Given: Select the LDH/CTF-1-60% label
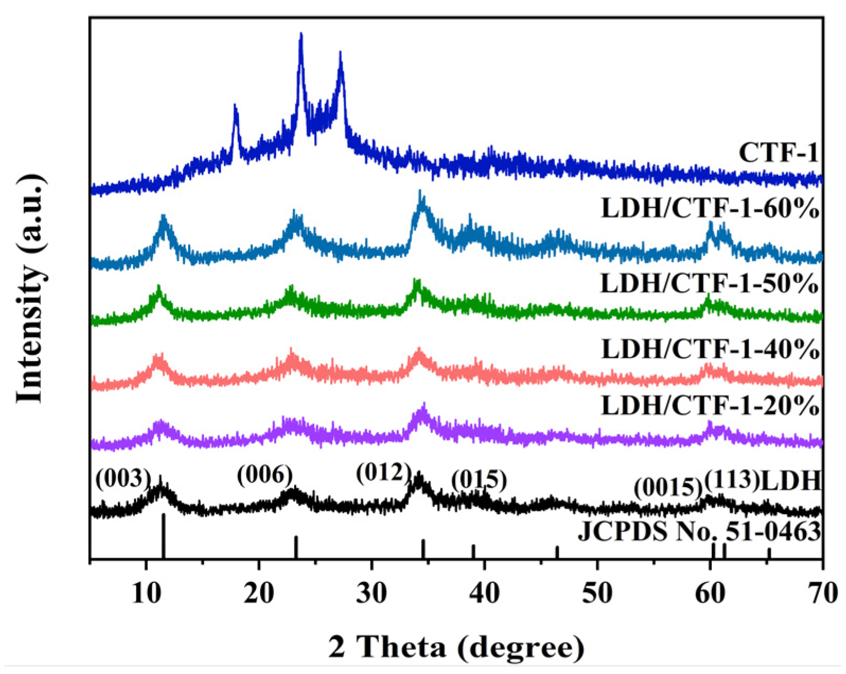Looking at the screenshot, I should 710,209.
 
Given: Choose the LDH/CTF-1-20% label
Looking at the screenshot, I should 710,406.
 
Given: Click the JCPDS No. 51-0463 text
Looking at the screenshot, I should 699,531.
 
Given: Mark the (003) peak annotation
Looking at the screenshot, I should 123,479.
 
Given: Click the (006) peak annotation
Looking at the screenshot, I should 264,475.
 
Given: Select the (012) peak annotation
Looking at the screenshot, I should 384,472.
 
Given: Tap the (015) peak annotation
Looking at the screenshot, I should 479,480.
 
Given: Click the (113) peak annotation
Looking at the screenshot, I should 732,480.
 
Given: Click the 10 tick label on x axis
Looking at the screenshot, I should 146,594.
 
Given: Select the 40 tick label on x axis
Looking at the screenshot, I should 484,594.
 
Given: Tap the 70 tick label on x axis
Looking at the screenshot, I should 822,594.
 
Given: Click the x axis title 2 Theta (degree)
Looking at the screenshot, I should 456,646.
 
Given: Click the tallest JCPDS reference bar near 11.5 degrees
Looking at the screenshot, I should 164,535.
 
